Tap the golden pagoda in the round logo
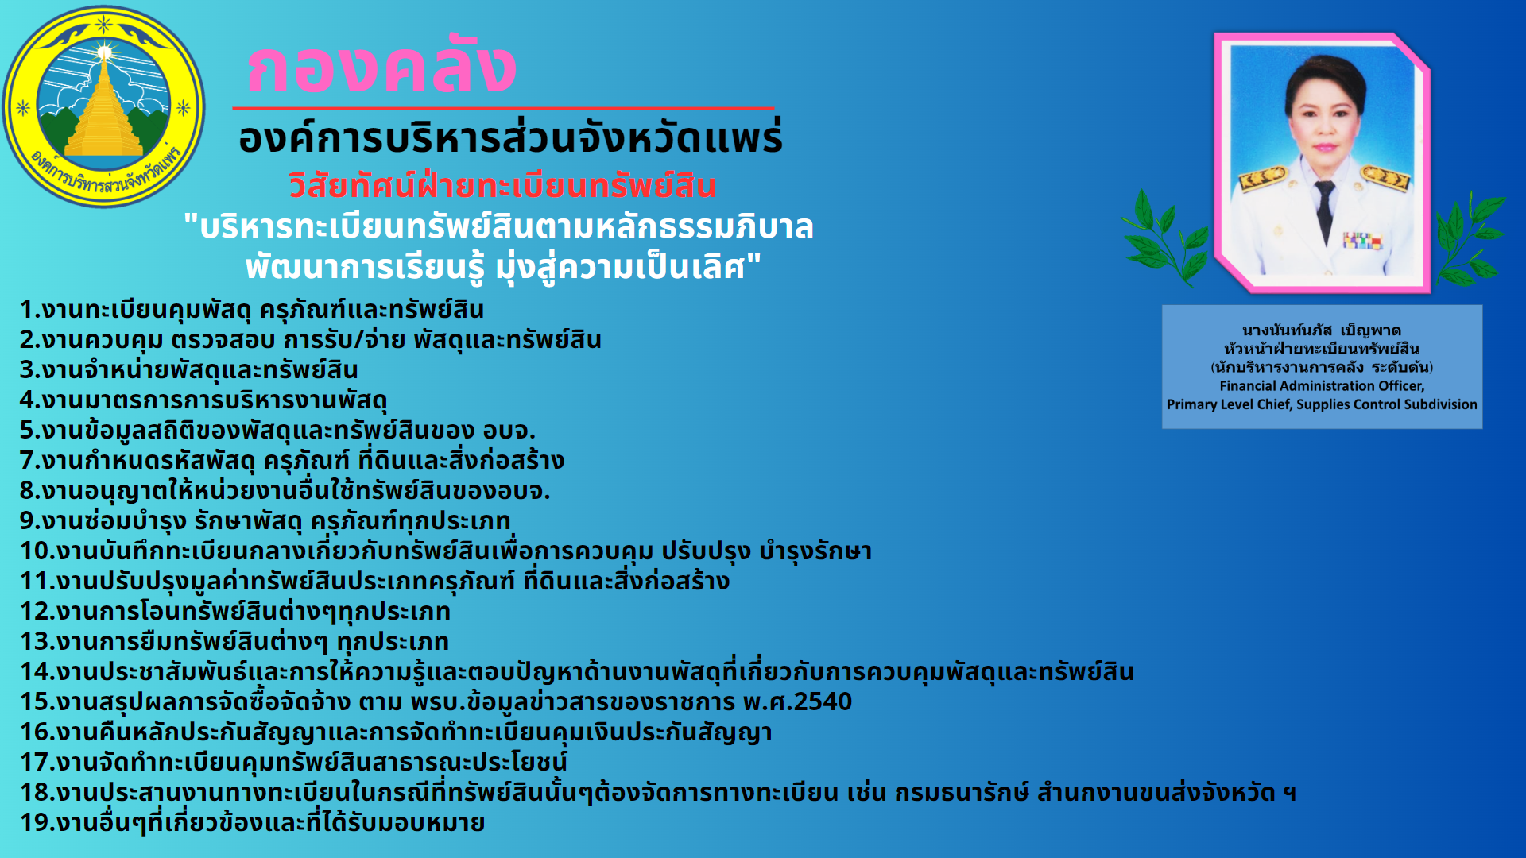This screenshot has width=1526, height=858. coord(104,107)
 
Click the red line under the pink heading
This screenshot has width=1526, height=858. coord(503,107)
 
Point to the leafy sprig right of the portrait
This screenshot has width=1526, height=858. coord(1471,238)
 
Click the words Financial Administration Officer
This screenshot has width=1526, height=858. coord(1322,386)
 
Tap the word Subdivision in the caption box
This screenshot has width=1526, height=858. coord(1441,404)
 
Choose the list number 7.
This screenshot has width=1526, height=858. coord(28,461)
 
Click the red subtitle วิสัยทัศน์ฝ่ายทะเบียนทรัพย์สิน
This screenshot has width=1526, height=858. coord(502,187)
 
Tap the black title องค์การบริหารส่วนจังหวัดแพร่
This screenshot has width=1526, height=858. coord(510,137)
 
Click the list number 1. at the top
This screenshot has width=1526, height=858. coord(30,310)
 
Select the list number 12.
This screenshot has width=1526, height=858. coord(36,612)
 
